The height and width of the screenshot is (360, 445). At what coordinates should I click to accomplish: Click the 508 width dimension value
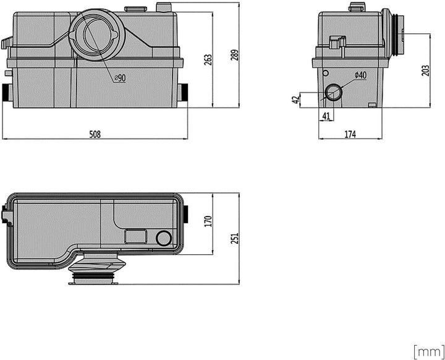point(95,134)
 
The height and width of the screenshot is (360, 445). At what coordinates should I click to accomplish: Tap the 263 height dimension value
point(208,59)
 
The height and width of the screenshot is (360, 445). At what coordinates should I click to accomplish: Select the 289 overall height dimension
point(235,55)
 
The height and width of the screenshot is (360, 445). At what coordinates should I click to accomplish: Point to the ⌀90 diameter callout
point(120,78)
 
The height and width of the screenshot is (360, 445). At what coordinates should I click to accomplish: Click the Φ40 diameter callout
point(360,75)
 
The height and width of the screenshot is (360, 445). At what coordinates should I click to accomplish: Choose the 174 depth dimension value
point(350,134)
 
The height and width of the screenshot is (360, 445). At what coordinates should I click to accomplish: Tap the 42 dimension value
point(295,100)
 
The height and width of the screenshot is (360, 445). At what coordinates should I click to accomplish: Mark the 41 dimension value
point(326,116)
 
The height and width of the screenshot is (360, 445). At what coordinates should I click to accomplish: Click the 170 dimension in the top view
point(208,221)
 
